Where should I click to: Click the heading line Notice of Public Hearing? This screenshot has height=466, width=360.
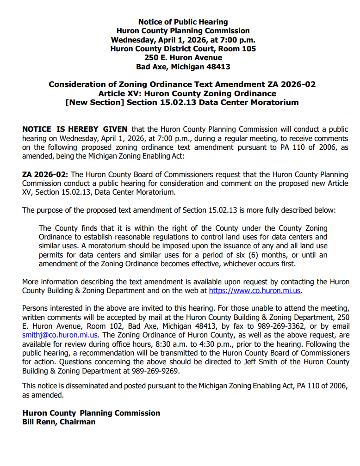point(183,22)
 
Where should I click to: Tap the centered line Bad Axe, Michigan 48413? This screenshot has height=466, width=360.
point(183,67)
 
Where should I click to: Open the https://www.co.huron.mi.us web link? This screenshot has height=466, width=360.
point(255,291)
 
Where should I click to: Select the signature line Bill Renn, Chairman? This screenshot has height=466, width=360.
point(59,422)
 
